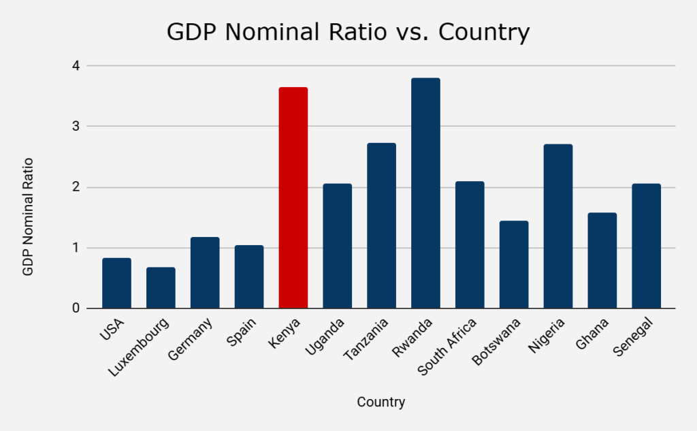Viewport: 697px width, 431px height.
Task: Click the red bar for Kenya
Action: point(293,197)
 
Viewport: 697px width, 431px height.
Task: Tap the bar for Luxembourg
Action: point(161,287)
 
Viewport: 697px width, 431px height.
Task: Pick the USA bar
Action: point(116,283)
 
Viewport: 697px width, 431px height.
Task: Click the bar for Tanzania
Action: point(381,225)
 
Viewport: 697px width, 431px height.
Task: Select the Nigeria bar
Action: point(558,226)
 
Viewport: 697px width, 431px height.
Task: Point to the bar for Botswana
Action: point(514,264)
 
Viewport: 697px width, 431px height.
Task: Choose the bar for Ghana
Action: point(602,260)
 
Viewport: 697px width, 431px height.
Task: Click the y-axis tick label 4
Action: point(76,66)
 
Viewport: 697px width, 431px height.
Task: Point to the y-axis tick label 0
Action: point(76,308)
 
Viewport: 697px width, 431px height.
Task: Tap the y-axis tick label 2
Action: point(76,187)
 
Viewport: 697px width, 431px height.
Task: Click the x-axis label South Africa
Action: point(447,346)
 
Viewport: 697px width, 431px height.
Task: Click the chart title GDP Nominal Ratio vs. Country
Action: point(348,32)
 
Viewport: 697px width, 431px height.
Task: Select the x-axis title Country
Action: point(381,402)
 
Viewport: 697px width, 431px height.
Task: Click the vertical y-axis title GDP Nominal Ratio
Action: point(28,217)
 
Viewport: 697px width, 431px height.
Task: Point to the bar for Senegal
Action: point(646,246)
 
